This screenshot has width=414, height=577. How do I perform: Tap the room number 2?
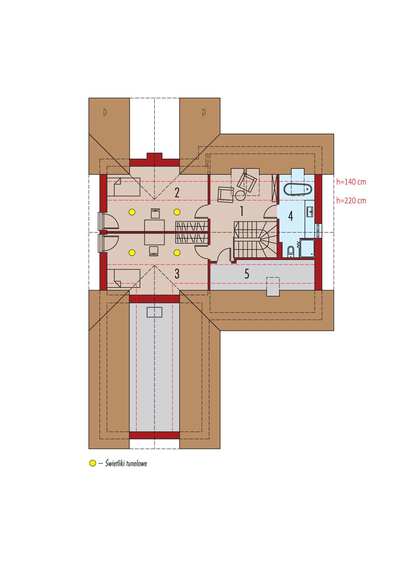[177, 192]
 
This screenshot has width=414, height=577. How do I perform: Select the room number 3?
[177, 274]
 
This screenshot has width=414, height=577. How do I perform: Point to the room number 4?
[290, 216]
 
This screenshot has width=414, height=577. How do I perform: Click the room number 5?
[247, 274]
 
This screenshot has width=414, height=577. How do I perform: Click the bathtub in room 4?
[298, 190]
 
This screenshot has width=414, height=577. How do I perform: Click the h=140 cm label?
[351, 182]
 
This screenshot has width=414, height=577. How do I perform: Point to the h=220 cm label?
[351, 201]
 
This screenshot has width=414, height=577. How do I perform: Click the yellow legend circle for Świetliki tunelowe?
[92, 463]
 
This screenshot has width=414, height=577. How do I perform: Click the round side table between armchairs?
[240, 195]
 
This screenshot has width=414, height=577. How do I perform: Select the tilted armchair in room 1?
[247, 182]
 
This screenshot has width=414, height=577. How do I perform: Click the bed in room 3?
[124, 277]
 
